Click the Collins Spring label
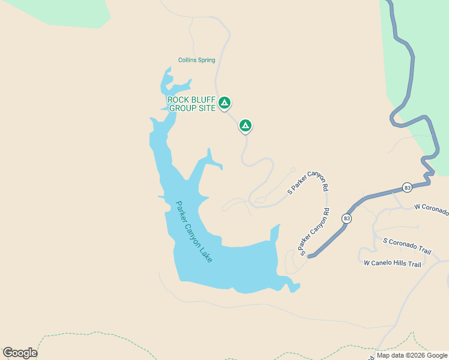coord(196,60)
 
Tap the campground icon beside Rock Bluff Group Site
coord(224,103)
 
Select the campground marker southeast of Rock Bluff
coord(245,125)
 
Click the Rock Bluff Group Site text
coord(191,104)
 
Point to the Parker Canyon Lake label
coord(194,231)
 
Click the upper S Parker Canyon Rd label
coord(308,182)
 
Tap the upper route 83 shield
coord(408,187)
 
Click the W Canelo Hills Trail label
coord(393,263)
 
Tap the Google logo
coord(20,353)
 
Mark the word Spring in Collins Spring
coord(206,60)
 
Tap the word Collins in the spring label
coord(187,60)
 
